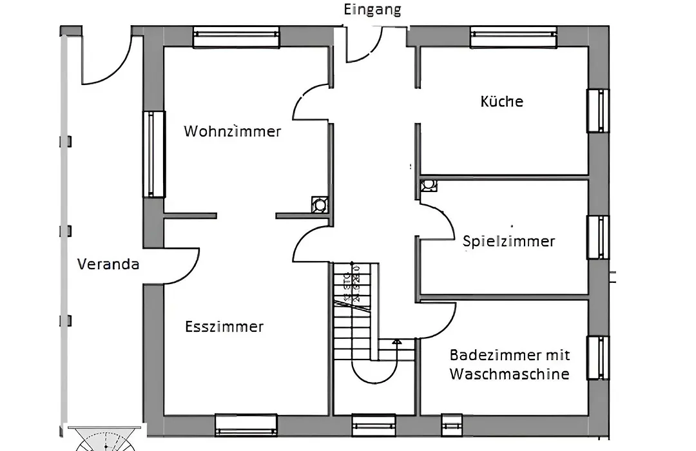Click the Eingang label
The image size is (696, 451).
tap(372, 10)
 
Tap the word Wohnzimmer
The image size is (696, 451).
tap(233, 131)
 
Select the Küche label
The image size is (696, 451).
tap(501, 101)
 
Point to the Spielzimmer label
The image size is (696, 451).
tap(508, 242)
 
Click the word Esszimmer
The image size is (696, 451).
tap(224, 327)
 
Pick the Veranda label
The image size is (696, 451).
tap(108, 264)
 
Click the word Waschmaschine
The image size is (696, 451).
tap(509, 374)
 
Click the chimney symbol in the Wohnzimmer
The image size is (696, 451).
tap(319, 205)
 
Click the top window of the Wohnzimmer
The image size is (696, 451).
tap(237, 37)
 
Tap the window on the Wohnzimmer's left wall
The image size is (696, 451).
tap(153, 154)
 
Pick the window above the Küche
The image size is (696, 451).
tap(514, 37)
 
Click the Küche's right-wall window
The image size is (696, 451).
tap(597, 111)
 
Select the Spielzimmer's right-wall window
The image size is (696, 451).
tap(597, 237)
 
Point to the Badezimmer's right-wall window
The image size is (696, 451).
tap(597, 358)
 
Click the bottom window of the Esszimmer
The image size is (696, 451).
tap(246, 425)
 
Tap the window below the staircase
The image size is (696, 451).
tap(374, 425)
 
